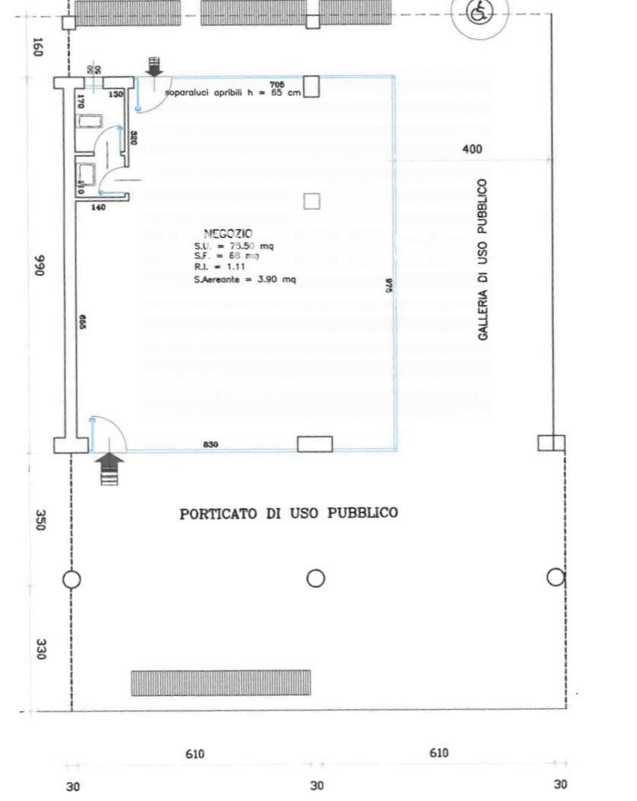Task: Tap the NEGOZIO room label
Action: [228, 234]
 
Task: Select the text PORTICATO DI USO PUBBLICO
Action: [288, 513]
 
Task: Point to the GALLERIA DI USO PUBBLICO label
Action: [483, 259]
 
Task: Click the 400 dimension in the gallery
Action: [472, 150]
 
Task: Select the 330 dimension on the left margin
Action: [42, 648]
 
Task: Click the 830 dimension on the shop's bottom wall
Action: [212, 444]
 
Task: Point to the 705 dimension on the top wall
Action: [277, 83]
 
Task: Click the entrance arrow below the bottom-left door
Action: [111, 468]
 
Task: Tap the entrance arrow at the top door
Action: [154, 66]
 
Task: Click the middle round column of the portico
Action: [315, 579]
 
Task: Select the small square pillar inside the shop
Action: [312, 201]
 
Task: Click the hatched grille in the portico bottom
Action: [220, 682]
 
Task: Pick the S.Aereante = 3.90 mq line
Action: [245, 280]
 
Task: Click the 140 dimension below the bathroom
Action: [98, 207]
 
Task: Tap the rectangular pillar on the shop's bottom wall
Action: [315, 443]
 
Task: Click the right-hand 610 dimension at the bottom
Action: [439, 753]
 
